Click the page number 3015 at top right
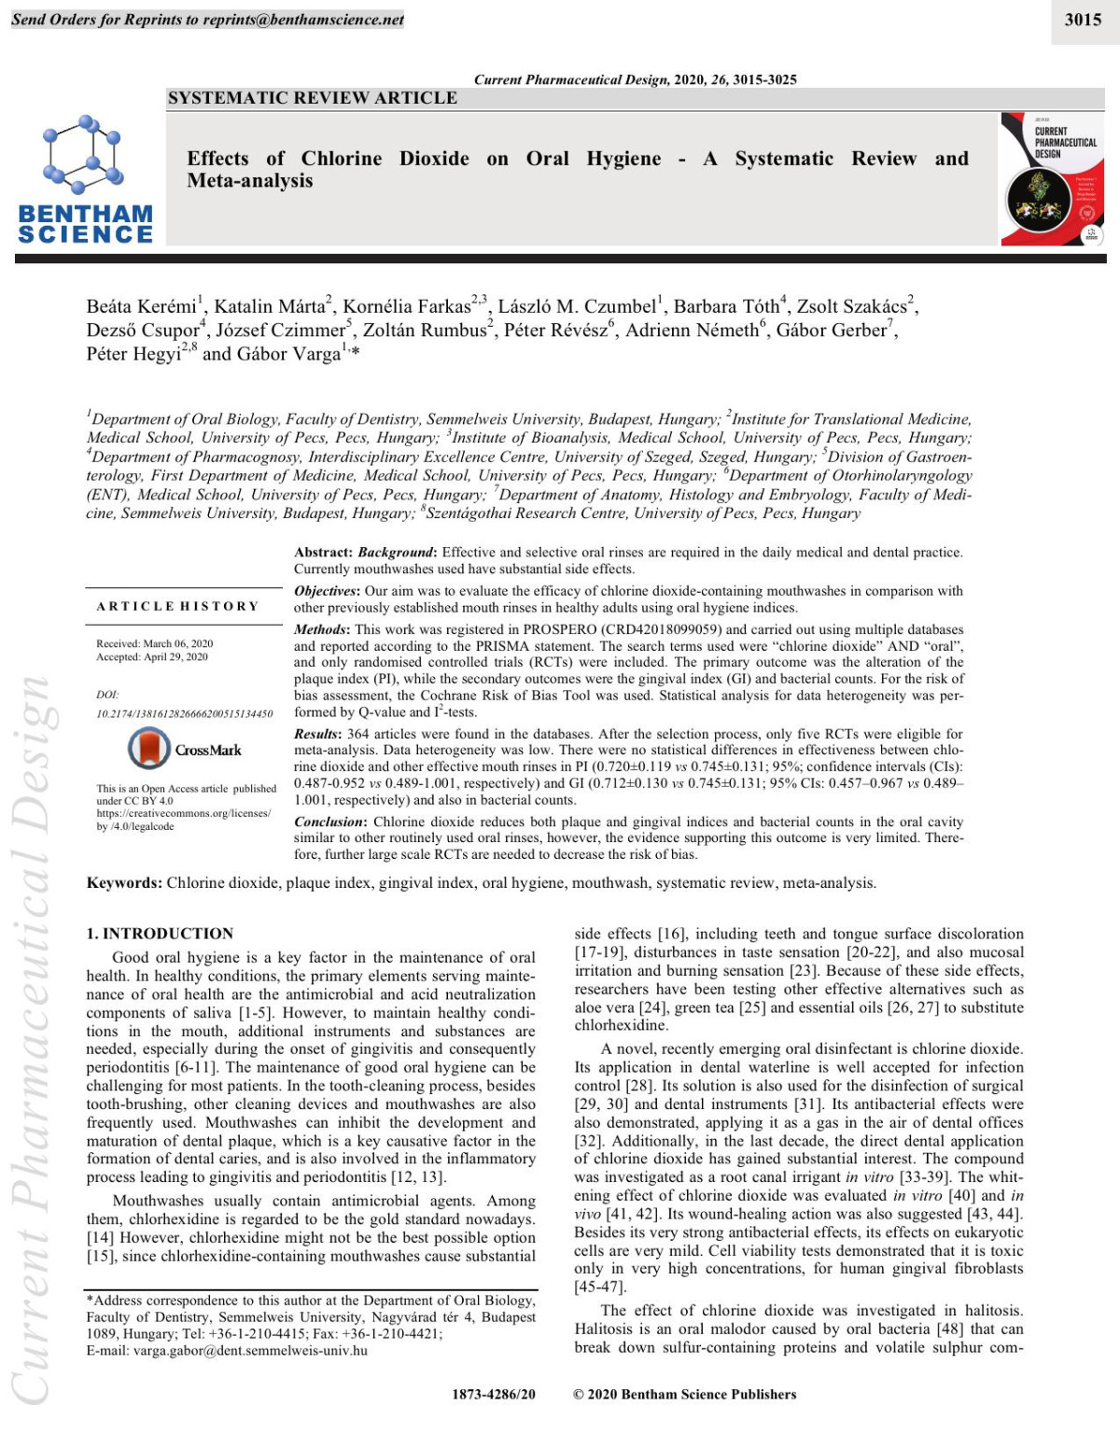click(1083, 19)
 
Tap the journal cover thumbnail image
click(1052, 179)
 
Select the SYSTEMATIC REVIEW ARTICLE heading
click(312, 98)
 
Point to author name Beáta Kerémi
click(141, 306)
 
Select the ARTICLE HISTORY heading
click(177, 606)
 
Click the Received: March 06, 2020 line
click(154, 643)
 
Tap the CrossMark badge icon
click(148, 749)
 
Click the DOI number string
click(184, 713)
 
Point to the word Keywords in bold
click(124, 882)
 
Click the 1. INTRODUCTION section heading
click(160, 933)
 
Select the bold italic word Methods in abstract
click(321, 629)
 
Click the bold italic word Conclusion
click(329, 822)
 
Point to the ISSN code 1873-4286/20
click(494, 1394)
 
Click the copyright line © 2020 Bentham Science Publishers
click(684, 1394)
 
